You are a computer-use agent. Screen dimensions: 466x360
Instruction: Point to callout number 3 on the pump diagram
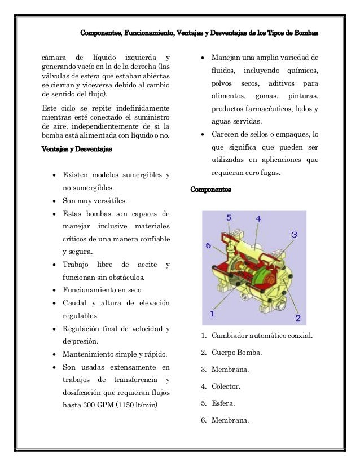[x=295, y=234]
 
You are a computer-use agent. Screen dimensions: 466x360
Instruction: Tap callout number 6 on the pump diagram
[x=208, y=245]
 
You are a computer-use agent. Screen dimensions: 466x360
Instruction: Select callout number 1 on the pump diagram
[x=212, y=313]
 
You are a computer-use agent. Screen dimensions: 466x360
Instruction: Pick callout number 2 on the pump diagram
[x=297, y=318]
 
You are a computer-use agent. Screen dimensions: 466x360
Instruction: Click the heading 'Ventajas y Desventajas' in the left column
[x=77, y=150]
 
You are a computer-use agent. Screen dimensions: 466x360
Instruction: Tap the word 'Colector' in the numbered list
[x=226, y=386]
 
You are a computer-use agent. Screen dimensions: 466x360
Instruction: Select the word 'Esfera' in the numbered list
[x=223, y=403]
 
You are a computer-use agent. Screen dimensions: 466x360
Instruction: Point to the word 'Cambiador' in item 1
[x=231, y=336]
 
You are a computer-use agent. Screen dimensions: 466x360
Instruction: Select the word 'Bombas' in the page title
[x=306, y=32]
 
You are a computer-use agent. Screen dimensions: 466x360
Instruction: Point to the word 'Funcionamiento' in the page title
[x=147, y=32]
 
